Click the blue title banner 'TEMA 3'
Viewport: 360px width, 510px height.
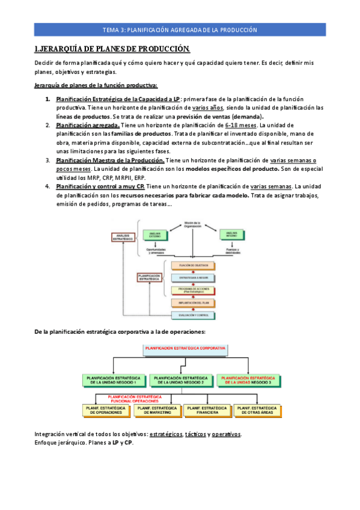pyautogui.click(x=180, y=29)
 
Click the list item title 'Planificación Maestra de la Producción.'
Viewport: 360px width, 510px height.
pyautogui.click(x=110, y=161)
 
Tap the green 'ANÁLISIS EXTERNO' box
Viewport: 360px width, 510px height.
pyautogui.click(x=153, y=234)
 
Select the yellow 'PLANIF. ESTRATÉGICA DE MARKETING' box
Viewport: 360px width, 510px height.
pyautogui.click(x=157, y=410)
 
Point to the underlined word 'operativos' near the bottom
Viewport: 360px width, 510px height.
pyautogui.click(x=226, y=434)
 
